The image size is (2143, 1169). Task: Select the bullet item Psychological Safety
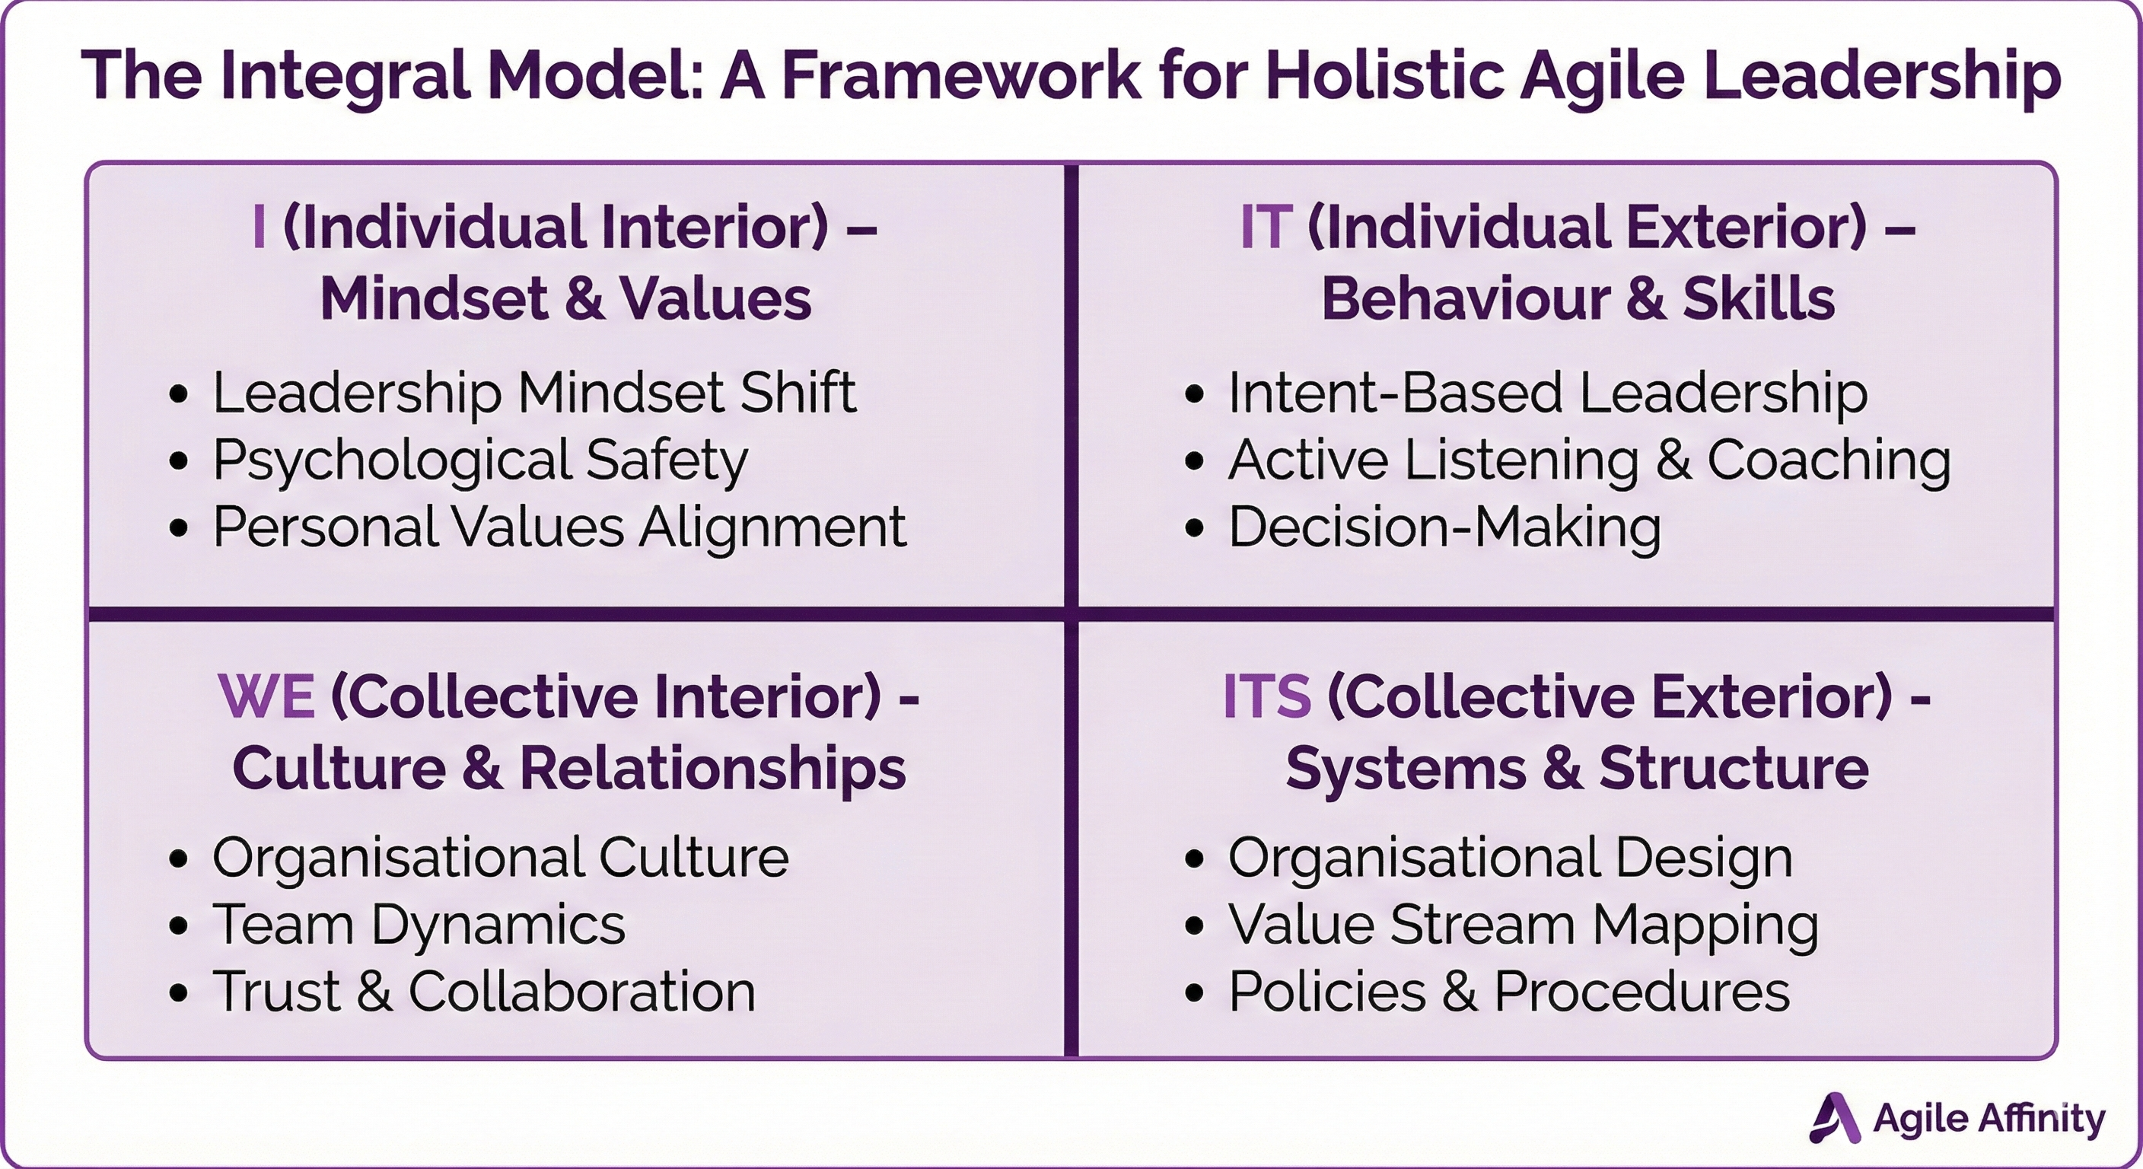(x=480, y=461)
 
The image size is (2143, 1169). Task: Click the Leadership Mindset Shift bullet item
(x=533, y=393)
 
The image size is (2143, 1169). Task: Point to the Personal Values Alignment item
(x=559, y=527)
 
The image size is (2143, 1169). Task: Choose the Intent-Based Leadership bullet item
(x=1547, y=393)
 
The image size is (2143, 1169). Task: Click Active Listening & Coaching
(x=1589, y=461)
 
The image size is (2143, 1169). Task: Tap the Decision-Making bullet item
(x=1444, y=527)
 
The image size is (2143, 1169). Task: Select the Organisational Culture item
(x=500, y=857)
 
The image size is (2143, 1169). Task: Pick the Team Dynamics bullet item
(x=419, y=925)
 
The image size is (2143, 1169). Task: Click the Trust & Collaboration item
(x=483, y=992)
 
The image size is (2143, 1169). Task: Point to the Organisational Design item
(x=1510, y=857)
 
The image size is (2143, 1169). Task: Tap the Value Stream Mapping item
(x=1524, y=925)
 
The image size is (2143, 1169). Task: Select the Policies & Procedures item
(x=1508, y=992)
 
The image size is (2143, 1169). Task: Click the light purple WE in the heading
(x=266, y=696)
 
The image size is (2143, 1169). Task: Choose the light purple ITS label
(x=1267, y=696)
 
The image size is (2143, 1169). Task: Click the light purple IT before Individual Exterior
(x=1266, y=227)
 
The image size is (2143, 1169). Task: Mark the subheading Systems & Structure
(x=1578, y=768)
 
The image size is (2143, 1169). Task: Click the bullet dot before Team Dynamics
(x=178, y=925)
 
